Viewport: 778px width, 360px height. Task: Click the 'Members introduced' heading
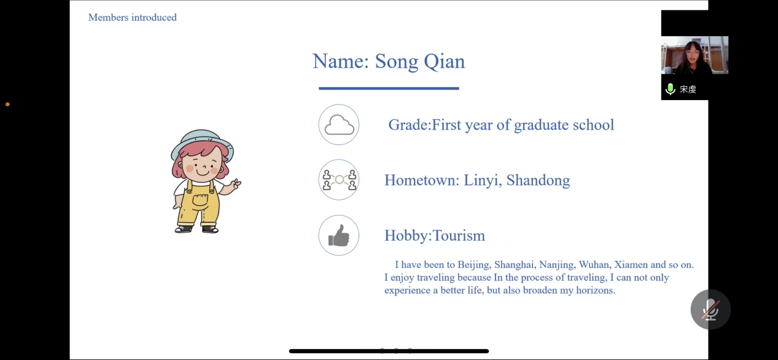tap(133, 17)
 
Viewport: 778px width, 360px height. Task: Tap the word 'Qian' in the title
tap(444, 62)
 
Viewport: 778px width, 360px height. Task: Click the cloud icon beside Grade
tap(339, 125)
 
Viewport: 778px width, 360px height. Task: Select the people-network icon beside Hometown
tap(340, 179)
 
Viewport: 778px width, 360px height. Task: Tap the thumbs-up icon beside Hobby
tap(339, 236)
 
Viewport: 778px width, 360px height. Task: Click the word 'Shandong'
tap(538, 181)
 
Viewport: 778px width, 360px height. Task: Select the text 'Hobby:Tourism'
tap(435, 236)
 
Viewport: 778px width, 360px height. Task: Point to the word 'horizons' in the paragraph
tap(595, 290)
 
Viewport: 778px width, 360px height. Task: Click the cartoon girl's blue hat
tap(202, 144)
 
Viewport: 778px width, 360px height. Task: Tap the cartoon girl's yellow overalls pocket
tap(200, 200)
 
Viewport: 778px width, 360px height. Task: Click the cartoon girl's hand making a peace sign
tap(236, 184)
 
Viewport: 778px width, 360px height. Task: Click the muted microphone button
tap(710, 309)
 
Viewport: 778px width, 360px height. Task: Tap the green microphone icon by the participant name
tap(670, 89)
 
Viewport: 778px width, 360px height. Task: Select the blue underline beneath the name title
tap(389, 88)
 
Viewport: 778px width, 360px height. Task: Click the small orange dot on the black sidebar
tap(7, 104)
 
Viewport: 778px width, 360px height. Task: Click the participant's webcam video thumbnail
tap(694, 55)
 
